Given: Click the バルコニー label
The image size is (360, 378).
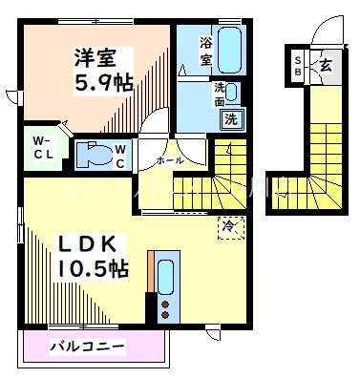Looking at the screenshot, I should [87, 345].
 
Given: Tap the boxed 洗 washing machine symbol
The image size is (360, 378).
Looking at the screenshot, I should [230, 119].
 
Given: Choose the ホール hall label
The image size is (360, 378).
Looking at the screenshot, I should [170, 160].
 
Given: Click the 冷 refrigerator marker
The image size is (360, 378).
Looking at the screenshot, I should [229, 225].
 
